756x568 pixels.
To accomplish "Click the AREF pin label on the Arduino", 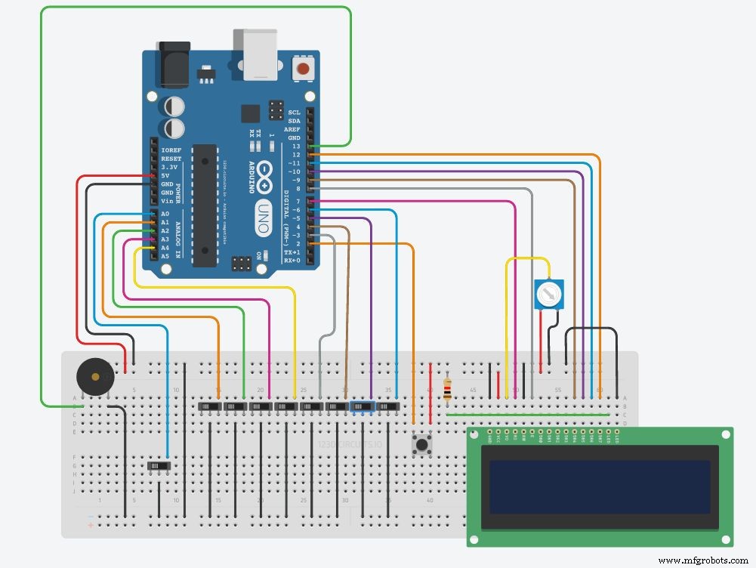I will (292, 129).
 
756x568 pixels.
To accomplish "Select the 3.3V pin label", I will (170, 167).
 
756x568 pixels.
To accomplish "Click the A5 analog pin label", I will (165, 256).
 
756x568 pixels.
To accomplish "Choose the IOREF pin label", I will (171, 150).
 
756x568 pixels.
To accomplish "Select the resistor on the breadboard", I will (449, 389).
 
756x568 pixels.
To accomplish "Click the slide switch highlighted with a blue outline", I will (363, 406).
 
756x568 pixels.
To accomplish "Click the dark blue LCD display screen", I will (600, 486).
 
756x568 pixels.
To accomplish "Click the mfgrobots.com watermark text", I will (702, 560).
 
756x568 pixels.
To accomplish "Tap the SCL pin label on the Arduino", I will (293, 113).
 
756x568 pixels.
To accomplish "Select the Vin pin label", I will (168, 201).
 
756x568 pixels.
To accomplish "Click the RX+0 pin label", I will (292, 260).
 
